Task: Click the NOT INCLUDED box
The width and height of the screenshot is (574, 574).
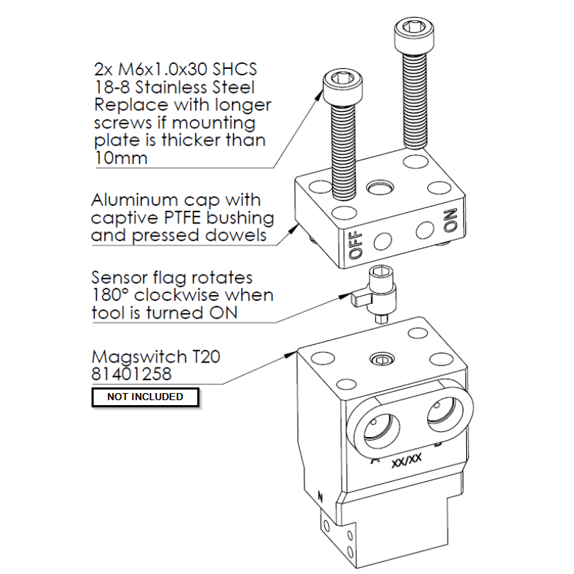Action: [145, 397]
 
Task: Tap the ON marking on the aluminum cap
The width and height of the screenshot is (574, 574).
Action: [448, 221]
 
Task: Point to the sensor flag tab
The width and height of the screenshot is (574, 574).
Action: [358, 298]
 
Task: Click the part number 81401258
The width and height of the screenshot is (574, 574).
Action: [132, 373]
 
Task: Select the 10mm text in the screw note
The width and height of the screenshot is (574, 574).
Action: [120, 158]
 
